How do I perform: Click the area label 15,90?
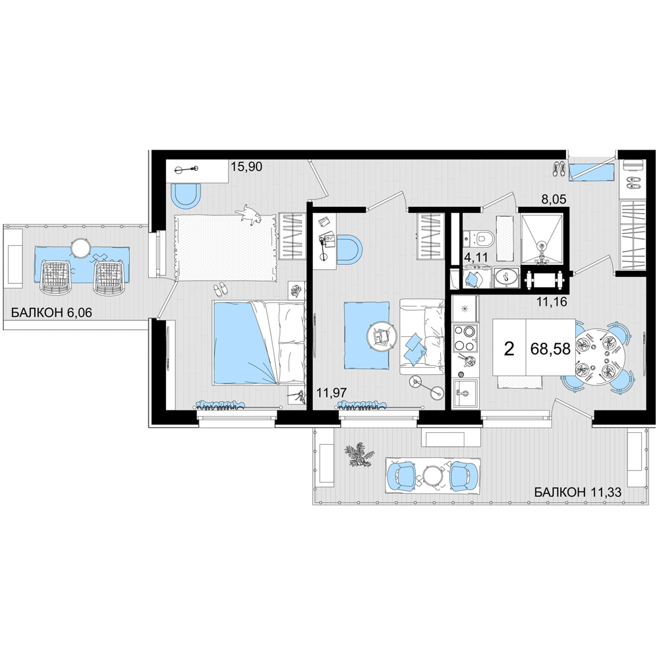(x=246, y=167)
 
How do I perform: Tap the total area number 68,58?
(x=550, y=349)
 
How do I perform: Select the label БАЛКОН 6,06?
(x=51, y=312)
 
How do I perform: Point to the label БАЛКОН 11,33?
(x=578, y=492)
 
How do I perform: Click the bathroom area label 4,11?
(x=476, y=257)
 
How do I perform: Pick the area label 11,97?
(x=331, y=393)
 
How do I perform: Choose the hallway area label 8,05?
(x=554, y=199)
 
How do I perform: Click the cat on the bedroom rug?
(x=250, y=215)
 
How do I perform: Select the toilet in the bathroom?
(x=481, y=239)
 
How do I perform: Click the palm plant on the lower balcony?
(x=360, y=455)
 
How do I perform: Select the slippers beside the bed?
(x=220, y=289)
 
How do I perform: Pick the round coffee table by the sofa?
(x=382, y=336)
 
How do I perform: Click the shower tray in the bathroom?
(x=541, y=239)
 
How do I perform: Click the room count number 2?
(x=509, y=349)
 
